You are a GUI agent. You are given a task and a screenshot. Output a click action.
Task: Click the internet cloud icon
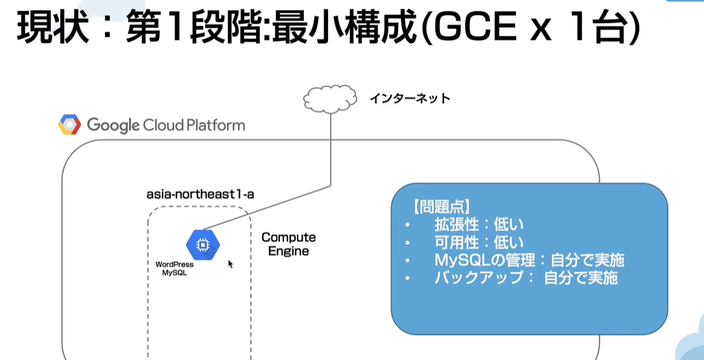[x=331, y=99]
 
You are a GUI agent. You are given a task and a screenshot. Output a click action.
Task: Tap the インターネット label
[x=410, y=99]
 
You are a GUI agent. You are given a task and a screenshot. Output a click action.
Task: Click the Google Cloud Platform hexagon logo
[x=69, y=124]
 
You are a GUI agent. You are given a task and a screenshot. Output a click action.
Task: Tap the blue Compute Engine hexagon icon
[x=203, y=245]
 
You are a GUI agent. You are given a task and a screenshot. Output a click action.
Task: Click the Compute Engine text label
[x=289, y=243]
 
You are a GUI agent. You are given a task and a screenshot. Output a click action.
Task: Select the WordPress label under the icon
[x=175, y=265]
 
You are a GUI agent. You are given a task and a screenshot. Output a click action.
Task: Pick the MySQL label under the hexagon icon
[x=175, y=272]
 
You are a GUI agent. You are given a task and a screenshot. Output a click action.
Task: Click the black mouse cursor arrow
[x=231, y=264]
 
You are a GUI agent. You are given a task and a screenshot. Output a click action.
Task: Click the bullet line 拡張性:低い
[x=479, y=224]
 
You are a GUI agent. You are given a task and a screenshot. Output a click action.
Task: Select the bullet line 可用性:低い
[x=479, y=242]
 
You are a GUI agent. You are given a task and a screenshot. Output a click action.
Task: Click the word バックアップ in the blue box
[x=479, y=278]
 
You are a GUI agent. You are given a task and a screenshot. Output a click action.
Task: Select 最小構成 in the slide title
[x=355, y=29]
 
